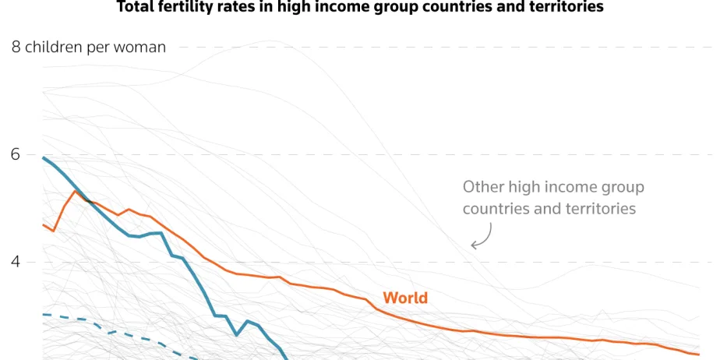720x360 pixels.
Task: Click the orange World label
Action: click(404, 298)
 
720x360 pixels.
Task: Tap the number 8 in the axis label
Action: click(16, 48)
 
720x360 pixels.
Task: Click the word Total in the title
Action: click(135, 7)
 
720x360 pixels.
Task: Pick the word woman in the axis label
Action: click(143, 48)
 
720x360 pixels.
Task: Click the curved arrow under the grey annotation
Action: click(482, 236)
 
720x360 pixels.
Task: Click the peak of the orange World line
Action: click(75, 191)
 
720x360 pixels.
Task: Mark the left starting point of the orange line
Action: click(43, 224)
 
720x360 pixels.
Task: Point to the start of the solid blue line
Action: click(43, 157)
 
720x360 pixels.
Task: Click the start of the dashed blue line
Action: click(43, 314)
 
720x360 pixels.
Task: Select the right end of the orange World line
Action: click(698, 355)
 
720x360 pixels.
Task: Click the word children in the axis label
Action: click(53, 48)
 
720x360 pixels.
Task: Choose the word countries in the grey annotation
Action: click(494, 209)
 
